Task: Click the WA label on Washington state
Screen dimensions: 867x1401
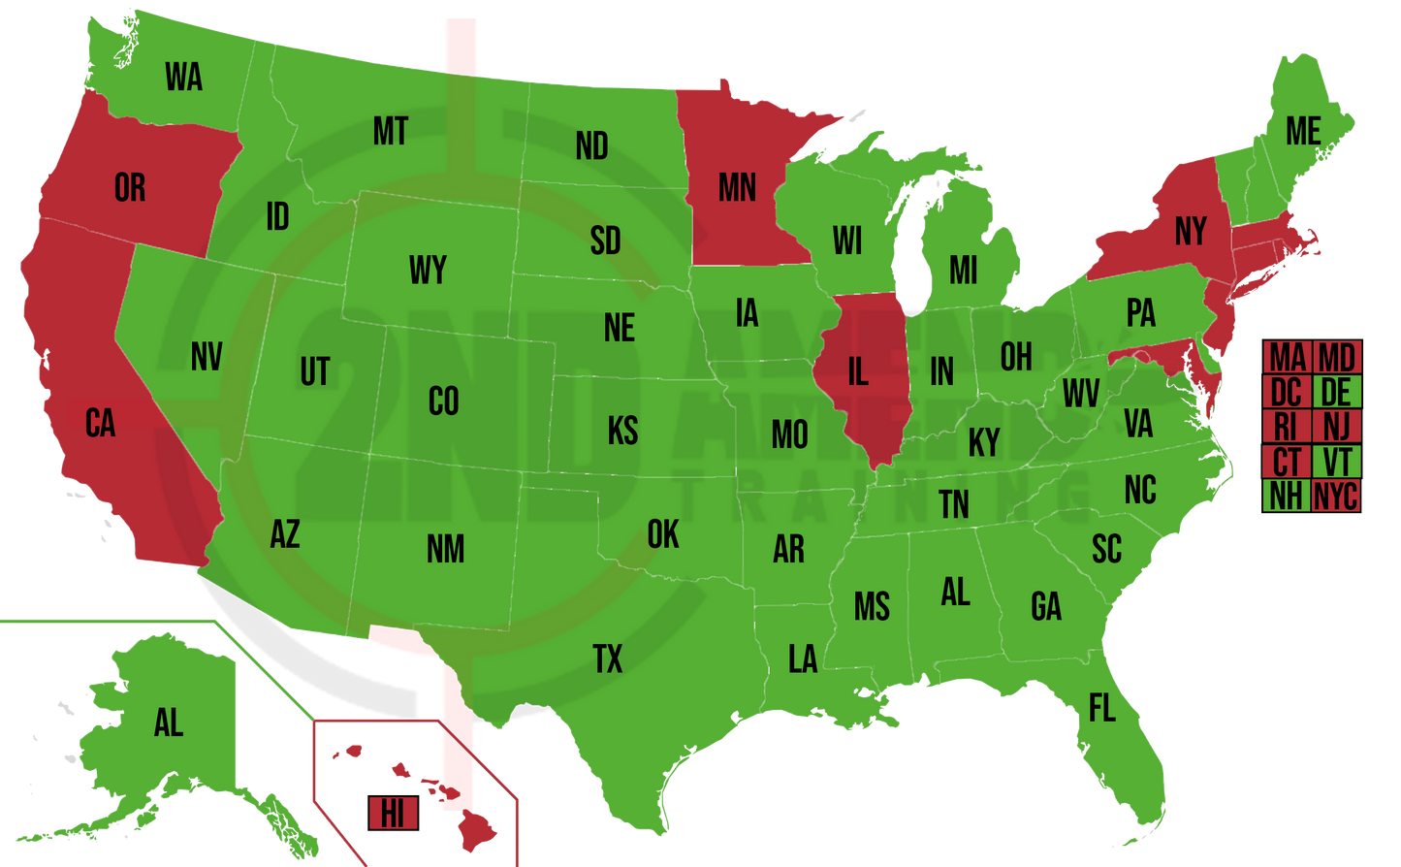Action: coord(183,77)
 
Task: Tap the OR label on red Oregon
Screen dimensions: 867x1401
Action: coord(130,187)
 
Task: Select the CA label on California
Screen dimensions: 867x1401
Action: coord(100,424)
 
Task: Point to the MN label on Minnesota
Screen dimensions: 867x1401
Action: coord(737,187)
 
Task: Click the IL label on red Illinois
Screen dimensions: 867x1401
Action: coord(858,372)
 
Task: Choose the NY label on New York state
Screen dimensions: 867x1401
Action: coord(1191,232)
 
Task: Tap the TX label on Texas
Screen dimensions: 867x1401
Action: coord(608,659)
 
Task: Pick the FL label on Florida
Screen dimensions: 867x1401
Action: coord(1102,709)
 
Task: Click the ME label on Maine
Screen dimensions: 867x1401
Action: coord(1303,131)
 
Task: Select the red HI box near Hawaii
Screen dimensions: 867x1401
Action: coord(393,813)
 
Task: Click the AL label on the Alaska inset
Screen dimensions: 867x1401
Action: coord(168,722)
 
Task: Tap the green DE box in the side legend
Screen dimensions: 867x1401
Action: coord(1336,392)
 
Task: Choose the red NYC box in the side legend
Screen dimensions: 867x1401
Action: coord(1336,497)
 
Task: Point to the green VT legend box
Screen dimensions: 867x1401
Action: coord(1336,462)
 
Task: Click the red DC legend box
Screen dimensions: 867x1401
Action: coord(1287,392)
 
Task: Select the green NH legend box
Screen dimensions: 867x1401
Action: coord(1287,497)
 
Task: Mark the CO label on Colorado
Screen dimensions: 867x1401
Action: coord(443,401)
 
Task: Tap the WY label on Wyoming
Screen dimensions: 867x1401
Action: coord(428,271)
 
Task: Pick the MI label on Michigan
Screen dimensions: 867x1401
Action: coord(963,271)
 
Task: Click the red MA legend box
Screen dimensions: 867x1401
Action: coord(1287,357)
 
